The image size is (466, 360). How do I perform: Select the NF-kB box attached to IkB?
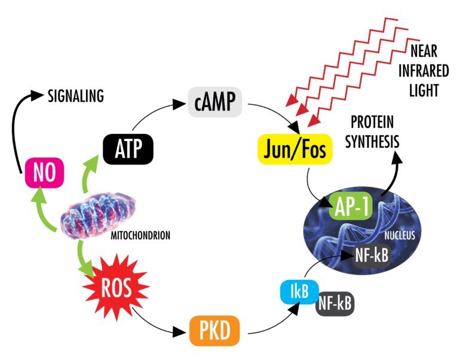(x=335, y=303)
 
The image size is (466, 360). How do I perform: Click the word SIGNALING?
(x=76, y=95)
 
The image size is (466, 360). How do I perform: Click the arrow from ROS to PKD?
(x=157, y=323)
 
